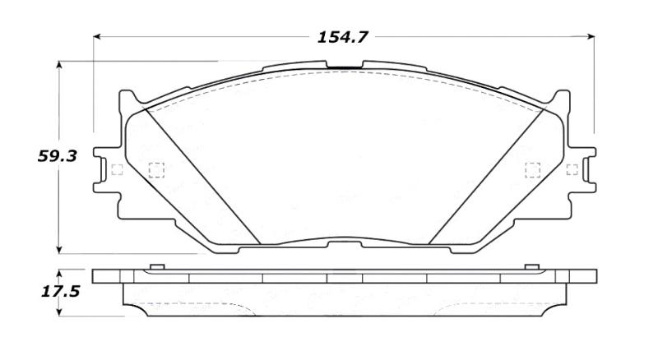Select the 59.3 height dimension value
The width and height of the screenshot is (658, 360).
tap(58, 156)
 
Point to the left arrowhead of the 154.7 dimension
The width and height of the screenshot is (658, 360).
tap(97, 37)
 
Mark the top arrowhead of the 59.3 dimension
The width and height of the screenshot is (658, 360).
tap(59, 65)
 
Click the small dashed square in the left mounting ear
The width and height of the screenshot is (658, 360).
tap(116, 170)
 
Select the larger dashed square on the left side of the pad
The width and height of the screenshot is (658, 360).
tap(155, 170)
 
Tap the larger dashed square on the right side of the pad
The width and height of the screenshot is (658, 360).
tap(532, 169)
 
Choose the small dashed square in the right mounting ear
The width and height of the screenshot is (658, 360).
tap(572, 169)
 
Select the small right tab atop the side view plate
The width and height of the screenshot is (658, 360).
tap(531, 266)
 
